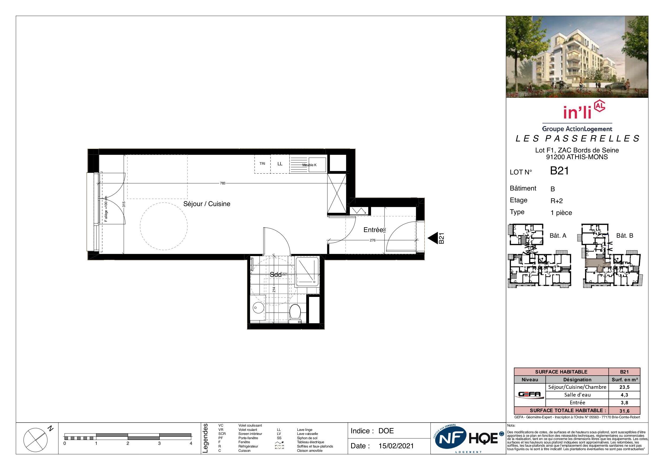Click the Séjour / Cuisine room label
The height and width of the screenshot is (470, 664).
coord(207,204)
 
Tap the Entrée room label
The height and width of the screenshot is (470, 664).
coord(373,230)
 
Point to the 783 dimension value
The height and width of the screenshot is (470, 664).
coord(222,183)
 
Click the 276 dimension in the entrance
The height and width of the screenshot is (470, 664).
coord(373,240)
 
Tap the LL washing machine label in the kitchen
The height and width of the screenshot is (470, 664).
coord(280,164)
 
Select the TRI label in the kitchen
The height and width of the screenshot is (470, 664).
coord(262,164)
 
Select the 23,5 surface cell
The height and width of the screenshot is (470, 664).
coord(624,387)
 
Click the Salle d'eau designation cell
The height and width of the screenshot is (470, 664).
coord(577,395)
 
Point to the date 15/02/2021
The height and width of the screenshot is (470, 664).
coord(396,446)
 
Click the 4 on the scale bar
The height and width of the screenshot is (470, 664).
coord(191,443)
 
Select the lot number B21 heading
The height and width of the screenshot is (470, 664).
coord(559,171)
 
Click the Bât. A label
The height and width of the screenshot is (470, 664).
coord(558,236)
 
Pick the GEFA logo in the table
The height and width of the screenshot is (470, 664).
coord(530,394)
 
